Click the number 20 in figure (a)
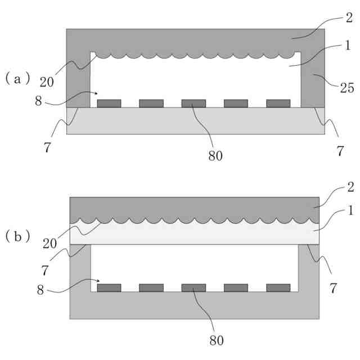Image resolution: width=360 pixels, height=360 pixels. click(47, 82)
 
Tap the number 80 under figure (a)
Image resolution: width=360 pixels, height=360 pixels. click(215, 156)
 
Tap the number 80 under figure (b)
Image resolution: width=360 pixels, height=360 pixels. click(215, 340)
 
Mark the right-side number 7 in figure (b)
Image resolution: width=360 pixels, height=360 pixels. click(333, 289)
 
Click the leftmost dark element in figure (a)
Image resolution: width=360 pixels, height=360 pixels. click(109, 103)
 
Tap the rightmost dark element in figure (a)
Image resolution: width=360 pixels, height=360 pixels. click(278, 103)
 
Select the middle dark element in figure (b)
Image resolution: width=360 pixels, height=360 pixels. click(193, 287)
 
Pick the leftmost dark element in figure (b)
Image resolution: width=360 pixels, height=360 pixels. click(109, 287)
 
